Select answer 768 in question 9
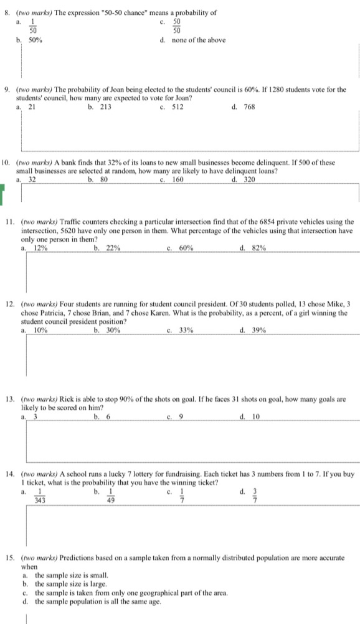point(251,106)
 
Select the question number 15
point(9,558)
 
